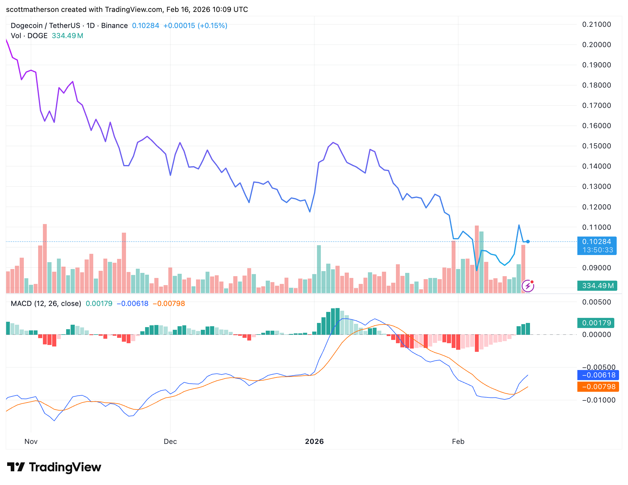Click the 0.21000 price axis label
(x=596, y=24)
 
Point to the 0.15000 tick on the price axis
(x=596, y=146)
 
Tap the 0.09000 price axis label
(x=596, y=268)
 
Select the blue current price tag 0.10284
(x=596, y=242)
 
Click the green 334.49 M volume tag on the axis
(x=597, y=286)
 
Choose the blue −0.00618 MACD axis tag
(x=598, y=375)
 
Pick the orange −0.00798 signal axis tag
(x=598, y=387)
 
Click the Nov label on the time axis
(x=31, y=442)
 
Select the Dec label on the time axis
(x=170, y=442)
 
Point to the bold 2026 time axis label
(x=314, y=442)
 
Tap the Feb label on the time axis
(x=458, y=442)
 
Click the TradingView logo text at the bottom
(x=65, y=467)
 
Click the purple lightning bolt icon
(x=528, y=286)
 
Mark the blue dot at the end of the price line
(x=528, y=242)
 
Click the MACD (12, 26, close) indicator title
(x=46, y=304)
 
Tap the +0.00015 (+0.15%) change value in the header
(x=195, y=26)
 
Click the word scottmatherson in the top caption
(x=32, y=10)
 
